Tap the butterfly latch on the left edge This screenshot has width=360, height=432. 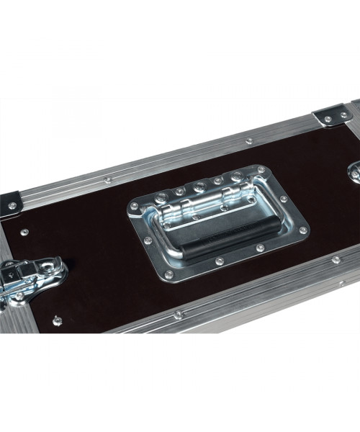click(29, 276)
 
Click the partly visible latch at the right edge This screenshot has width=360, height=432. click(354, 171)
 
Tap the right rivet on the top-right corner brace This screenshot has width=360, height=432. click(344, 114)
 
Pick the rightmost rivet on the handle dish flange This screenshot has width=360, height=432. click(302, 230)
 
